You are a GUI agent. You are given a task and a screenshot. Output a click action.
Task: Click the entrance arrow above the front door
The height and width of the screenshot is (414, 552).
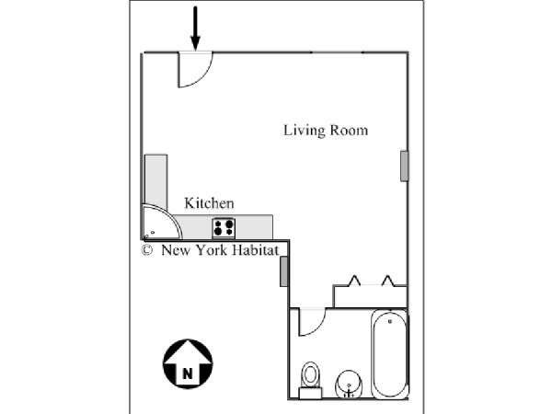[195, 29]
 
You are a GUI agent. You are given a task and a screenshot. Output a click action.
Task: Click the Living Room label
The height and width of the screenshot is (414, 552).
[326, 131]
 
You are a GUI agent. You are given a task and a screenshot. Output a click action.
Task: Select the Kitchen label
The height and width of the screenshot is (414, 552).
[209, 203]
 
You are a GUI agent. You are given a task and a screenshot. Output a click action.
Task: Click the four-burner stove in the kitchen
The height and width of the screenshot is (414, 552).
[224, 228]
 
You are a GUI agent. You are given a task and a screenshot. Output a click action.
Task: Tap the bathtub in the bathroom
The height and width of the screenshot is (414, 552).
[390, 353]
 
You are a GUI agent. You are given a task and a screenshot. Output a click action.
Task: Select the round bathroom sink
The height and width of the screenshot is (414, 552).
[349, 385]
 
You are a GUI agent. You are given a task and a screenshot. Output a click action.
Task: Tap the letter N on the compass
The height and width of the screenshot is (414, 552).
[188, 374]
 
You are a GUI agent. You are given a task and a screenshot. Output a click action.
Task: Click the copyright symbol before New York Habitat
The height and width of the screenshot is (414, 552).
[147, 250]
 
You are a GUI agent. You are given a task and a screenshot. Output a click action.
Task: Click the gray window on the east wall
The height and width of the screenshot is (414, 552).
[405, 167]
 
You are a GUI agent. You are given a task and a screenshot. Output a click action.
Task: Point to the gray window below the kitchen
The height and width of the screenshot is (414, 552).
[283, 271]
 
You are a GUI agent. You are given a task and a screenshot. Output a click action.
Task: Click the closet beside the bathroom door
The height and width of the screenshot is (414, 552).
[370, 296]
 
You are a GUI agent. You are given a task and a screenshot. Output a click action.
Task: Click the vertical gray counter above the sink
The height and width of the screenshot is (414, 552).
[156, 180]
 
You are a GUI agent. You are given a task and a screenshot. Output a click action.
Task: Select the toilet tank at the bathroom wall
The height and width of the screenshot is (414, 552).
[310, 393]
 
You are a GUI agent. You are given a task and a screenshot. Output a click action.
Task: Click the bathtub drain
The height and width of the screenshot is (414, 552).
[390, 321]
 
